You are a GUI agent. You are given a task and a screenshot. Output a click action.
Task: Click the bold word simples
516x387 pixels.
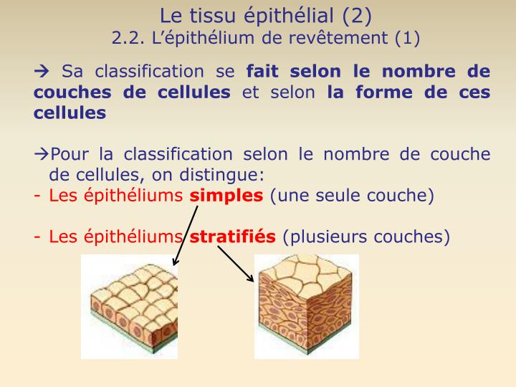pyautogui.click(x=226, y=196)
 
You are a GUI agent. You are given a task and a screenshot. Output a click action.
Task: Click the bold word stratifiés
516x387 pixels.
pyautogui.click(x=232, y=237)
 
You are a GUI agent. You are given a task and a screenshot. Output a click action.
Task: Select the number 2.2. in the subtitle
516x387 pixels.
pyautogui.click(x=128, y=37)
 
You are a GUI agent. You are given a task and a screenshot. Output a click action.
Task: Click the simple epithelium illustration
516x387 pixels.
pyautogui.click(x=129, y=307)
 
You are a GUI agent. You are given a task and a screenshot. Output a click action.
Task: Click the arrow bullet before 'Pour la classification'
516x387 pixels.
pyautogui.click(x=42, y=155)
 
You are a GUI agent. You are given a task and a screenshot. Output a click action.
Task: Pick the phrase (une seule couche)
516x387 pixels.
pyautogui.click(x=352, y=196)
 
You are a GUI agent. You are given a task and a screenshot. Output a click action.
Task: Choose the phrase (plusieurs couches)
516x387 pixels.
pyautogui.click(x=366, y=237)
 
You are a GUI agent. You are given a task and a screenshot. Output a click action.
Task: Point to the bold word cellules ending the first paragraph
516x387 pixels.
pyautogui.click(x=70, y=113)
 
